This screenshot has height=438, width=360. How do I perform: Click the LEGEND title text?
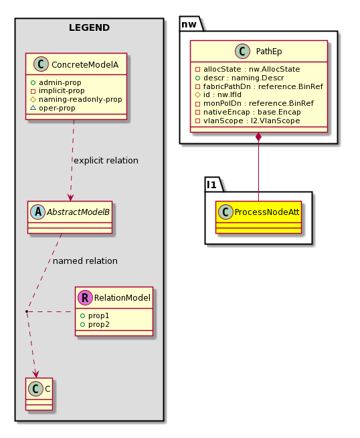click(89, 27)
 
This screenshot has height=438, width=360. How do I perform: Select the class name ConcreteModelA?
click(85, 65)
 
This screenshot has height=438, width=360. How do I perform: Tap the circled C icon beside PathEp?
click(242, 51)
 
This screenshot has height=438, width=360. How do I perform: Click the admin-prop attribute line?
click(60, 82)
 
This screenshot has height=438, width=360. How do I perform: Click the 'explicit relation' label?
click(106, 161)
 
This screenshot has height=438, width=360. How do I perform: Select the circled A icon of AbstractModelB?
click(38, 212)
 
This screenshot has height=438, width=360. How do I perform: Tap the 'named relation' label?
click(85, 261)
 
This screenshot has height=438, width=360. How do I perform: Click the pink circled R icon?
click(85, 297)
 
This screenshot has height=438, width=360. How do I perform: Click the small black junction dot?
click(27, 311)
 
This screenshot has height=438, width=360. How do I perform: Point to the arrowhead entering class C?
click(35, 374)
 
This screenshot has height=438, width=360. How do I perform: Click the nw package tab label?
click(189, 24)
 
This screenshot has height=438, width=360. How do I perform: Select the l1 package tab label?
click(211, 185)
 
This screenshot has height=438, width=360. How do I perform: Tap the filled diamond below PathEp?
click(258, 137)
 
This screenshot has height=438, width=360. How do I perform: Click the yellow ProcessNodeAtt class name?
click(267, 212)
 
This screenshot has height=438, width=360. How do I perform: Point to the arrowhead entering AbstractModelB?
click(71, 197)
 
